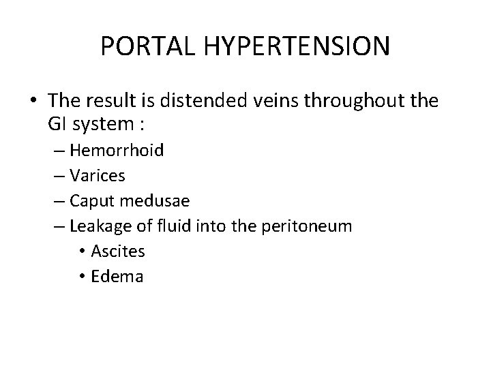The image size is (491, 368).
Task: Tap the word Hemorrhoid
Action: (116, 150)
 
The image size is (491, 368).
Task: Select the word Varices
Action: (97, 175)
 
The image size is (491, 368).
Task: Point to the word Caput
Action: (91, 201)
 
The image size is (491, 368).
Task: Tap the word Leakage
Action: (98, 226)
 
